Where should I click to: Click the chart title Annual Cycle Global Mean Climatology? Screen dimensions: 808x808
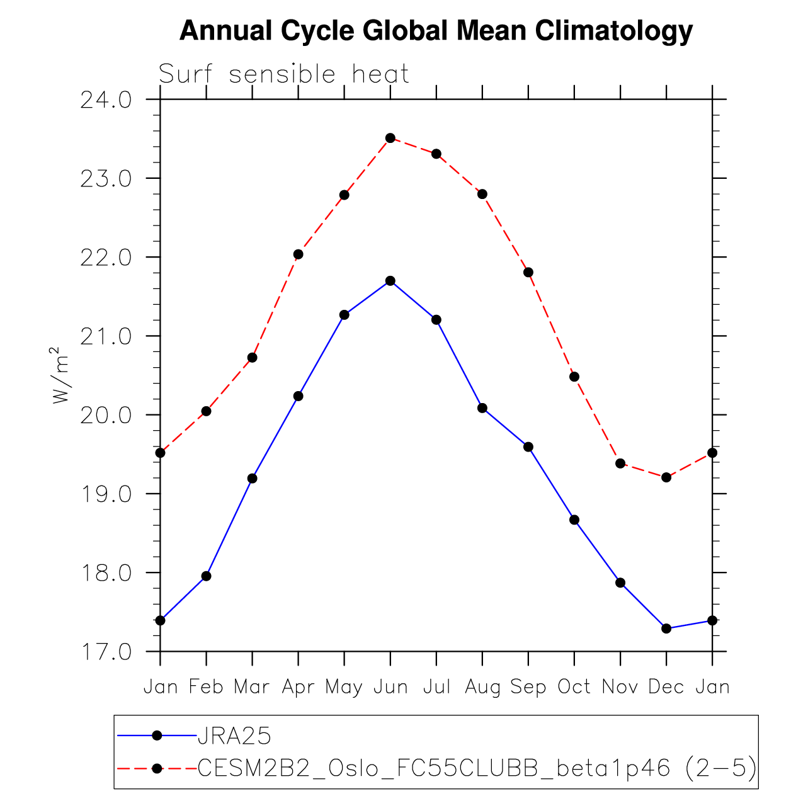pyautogui.click(x=436, y=31)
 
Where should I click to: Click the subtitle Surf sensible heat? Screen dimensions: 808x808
pyautogui.click(x=284, y=74)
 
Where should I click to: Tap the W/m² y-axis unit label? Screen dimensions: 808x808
pyautogui.click(x=59, y=375)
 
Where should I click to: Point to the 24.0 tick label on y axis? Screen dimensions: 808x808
pyautogui.click(x=106, y=100)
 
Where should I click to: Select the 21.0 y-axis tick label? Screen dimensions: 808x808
pyautogui.click(x=106, y=336)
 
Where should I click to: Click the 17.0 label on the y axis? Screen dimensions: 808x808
pyautogui.click(x=106, y=652)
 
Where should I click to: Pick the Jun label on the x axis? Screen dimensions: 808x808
pyautogui.click(x=390, y=686)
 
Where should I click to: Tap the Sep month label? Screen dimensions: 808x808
pyautogui.click(x=528, y=686)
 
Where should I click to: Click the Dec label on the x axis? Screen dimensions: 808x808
pyautogui.click(x=666, y=686)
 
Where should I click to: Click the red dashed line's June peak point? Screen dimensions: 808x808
pyautogui.click(x=390, y=138)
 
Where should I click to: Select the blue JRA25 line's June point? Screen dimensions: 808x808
pyautogui.click(x=390, y=281)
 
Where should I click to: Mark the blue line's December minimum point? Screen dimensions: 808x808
pyautogui.click(x=666, y=629)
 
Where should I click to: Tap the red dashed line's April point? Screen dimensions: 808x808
pyautogui.click(x=299, y=254)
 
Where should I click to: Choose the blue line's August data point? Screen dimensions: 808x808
pyautogui.click(x=482, y=408)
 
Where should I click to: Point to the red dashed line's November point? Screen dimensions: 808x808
pyautogui.click(x=620, y=464)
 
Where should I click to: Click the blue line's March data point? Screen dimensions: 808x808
pyautogui.click(x=253, y=479)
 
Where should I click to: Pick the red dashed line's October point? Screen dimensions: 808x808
pyautogui.click(x=574, y=377)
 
